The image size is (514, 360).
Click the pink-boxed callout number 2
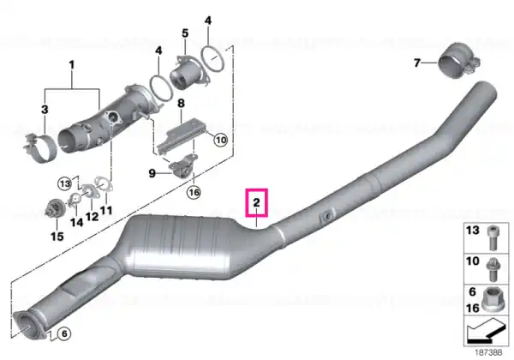pyautogui.click(x=256, y=202)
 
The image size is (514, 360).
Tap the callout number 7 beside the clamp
pyautogui.click(x=417, y=63)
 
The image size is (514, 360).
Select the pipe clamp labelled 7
pyautogui.click(x=458, y=61)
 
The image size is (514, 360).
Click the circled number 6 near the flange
pyautogui.click(x=64, y=333)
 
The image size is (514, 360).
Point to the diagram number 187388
pyautogui.click(x=488, y=352)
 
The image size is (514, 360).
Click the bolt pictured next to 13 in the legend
pyautogui.click(x=493, y=238)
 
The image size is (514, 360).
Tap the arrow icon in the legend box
pyautogui.click(x=486, y=331)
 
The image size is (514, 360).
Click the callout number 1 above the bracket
pyautogui.click(x=72, y=64)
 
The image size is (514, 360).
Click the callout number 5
pyautogui.click(x=185, y=33)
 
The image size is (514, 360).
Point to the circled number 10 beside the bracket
pyautogui.click(x=221, y=140)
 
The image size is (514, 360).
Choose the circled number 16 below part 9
pyautogui.click(x=194, y=192)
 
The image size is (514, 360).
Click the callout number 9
pyautogui.click(x=152, y=173)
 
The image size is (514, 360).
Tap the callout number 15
pyautogui.click(x=57, y=236)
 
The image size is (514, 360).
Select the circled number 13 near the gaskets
pyautogui.click(x=65, y=183)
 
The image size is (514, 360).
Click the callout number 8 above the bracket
pyautogui.click(x=181, y=103)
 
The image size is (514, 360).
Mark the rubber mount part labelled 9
pyautogui.click(x=182, y=167)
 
